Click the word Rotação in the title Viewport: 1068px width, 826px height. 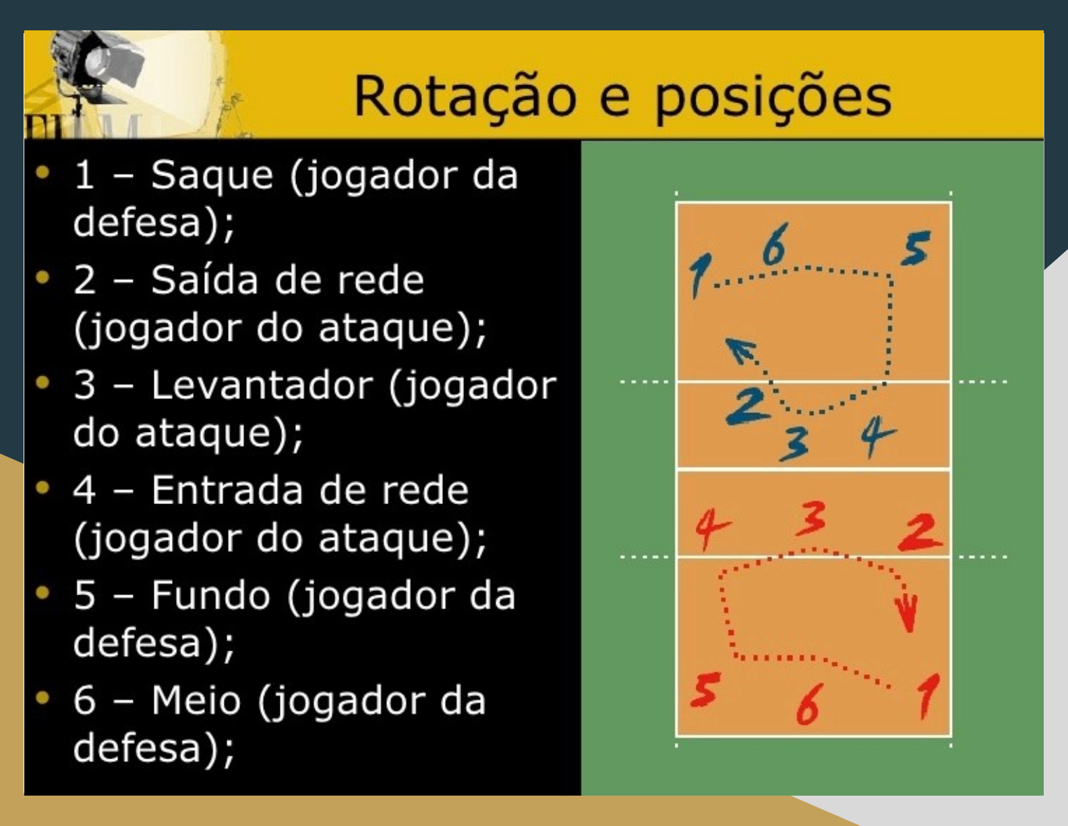(x=465, y=97)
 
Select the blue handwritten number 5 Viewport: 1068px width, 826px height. (x=916, y=248)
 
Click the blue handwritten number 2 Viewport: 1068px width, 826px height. (x=747, y=406)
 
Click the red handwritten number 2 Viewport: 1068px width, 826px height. (x=920, y=532)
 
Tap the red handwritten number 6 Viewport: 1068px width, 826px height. (x=808, y=705)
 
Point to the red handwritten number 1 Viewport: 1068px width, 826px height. (x=928, y=695)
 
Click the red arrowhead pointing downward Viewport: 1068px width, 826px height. (x=908, y=613)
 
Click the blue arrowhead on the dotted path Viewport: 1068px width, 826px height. (x=740, y=350)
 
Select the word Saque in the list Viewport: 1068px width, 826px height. (x=212, y=175)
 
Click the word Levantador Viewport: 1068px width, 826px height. (x=262, y=385)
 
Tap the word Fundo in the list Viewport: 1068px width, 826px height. (x=210, y=595)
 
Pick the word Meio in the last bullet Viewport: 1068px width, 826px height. (x=196, y=700)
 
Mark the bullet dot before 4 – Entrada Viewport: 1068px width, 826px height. (x=43, y=487)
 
